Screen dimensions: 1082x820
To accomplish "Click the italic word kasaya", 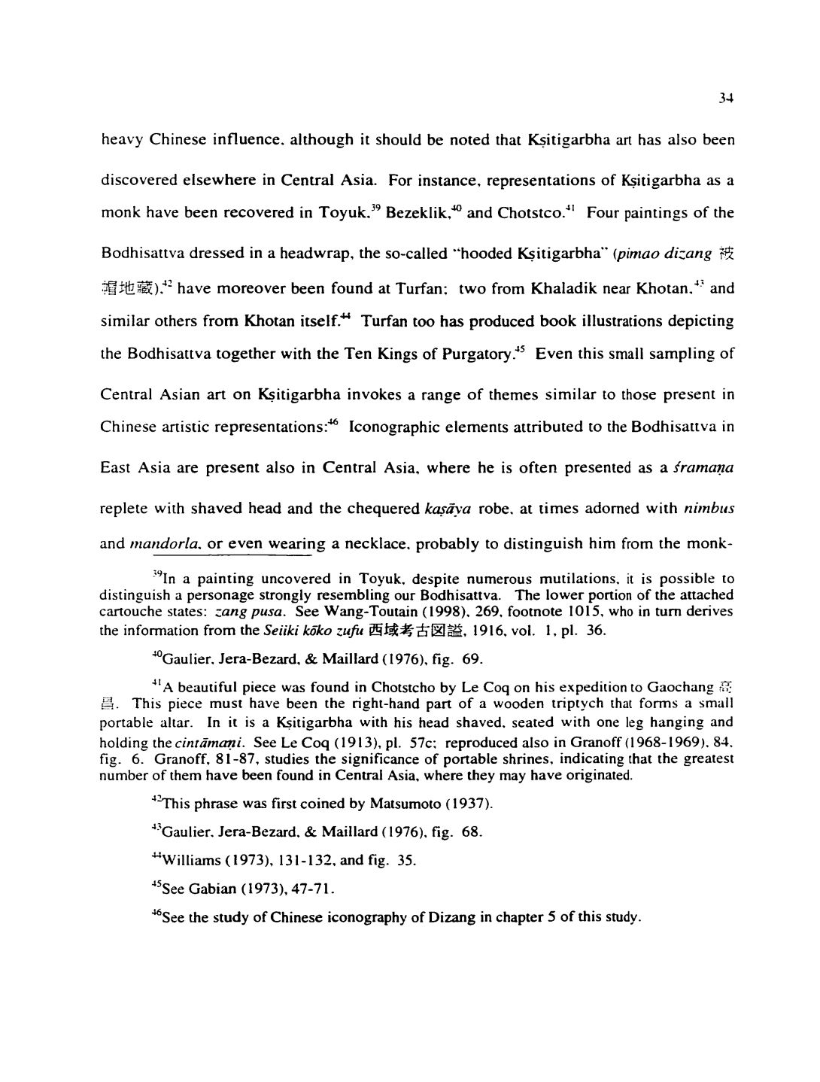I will (448, 509).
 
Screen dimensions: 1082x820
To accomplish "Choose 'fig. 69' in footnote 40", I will (459, 661).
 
